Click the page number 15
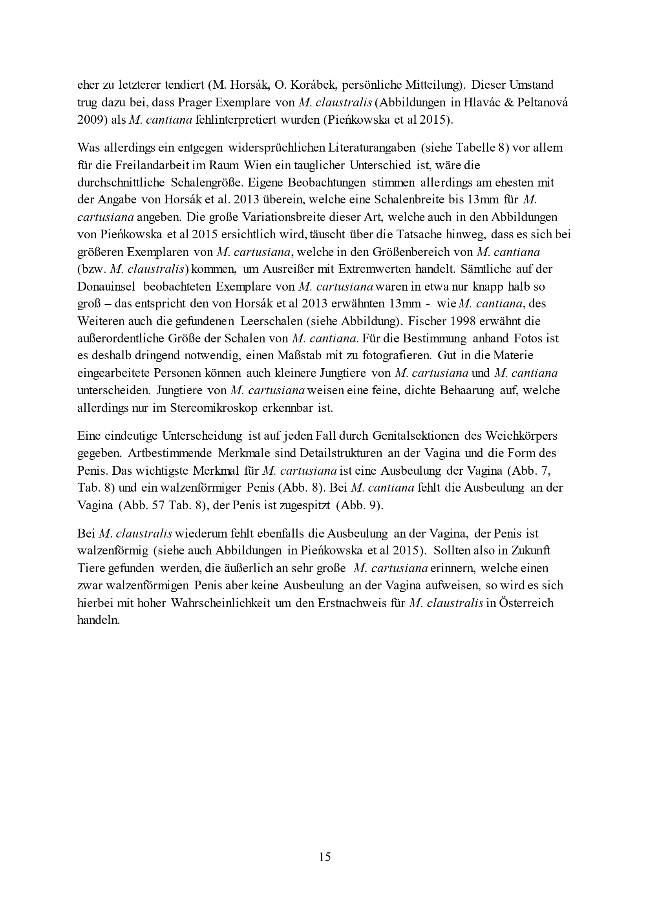325,857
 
